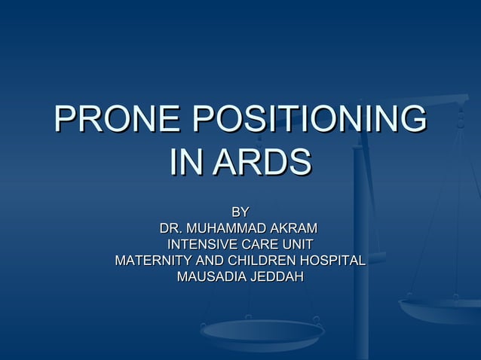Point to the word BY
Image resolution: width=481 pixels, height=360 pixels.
tap(240, 212)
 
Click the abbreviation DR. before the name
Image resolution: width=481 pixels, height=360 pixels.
tap(171, 228)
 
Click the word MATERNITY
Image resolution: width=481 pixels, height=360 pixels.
tap(152, 261)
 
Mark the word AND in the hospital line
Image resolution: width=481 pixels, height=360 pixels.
tap(209, 261)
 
